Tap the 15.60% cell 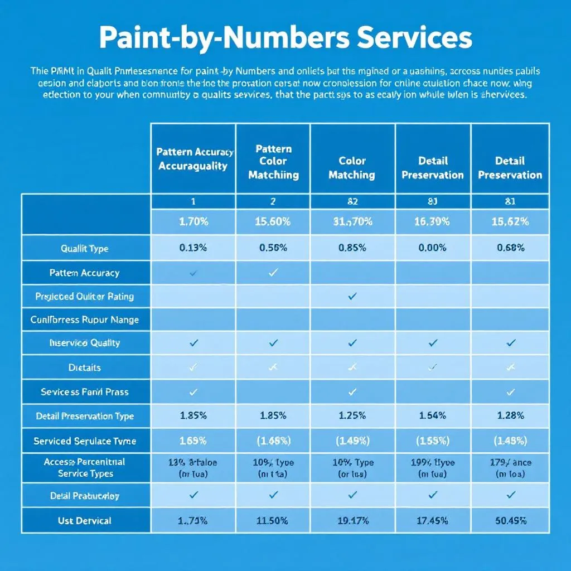tap(273, 221)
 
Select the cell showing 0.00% tap(433, 248)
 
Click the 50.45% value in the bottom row tap(510, 521)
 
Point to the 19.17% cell tap(352, 521)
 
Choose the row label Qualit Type tap(85, 248)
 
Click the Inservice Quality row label tap(85, 343)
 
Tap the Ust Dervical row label tap(85, 521)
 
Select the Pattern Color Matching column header tap(273, 162)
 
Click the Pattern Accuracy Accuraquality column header tap(193, 159)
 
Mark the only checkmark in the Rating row tap(352, 297)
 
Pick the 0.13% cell tap(193, 248)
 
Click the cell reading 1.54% tap(433, 416)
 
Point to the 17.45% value tap(433, 521)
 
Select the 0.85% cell tap(352, 248)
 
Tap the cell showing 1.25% tap(352, 416)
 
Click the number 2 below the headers tap(273, 201)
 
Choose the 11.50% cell tap(273, 521)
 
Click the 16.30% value tap(433, 221)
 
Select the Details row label tap(85, 367)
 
